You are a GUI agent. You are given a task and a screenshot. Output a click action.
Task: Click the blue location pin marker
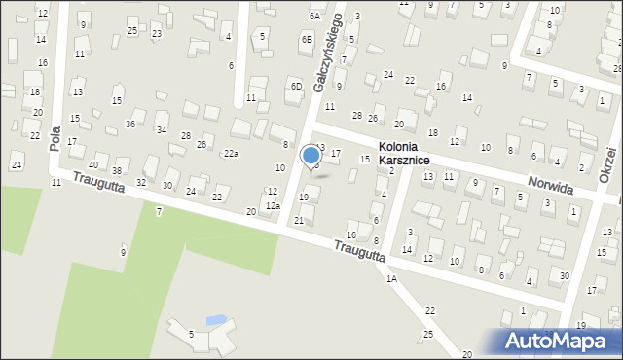pyautogui.click(x=311, y=157)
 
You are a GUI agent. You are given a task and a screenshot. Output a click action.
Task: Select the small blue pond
pyautogui.click(x=215, y=319)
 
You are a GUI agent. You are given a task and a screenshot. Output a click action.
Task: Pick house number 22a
pyautogui.click(x=231, y=154)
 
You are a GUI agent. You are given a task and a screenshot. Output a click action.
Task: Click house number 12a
pyautogui.click(x=274, y=205)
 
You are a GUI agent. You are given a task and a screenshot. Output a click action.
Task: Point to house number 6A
pyautogui.click(x=314, y=17)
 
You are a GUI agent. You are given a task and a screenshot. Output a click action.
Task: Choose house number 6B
pyautogui.click(x=307, y=39)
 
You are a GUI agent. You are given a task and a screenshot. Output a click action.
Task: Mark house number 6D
pyautogui.click(x=296, y=86)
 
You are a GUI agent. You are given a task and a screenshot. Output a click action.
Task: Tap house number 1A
pyautogui.click(x=391, y=278)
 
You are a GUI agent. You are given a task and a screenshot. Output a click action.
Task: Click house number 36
pyautogui.click(x=130, y=124)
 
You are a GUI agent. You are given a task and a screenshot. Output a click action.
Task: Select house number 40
pyautogui.click(x=93, y=164)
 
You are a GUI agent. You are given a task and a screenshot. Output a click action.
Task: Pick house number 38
pyautogui.click(x=117, y=171)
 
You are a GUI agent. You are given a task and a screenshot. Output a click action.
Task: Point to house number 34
pyautogui.click(x=162, y=129)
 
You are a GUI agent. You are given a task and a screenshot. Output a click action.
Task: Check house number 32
pyautogui.click(x=141, y=182)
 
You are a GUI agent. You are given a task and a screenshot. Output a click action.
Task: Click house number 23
pyautogui.click(x=157, y=34)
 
